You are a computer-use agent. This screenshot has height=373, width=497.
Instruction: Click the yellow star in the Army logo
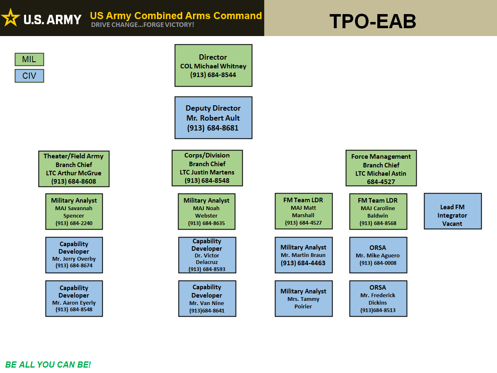(11, 18)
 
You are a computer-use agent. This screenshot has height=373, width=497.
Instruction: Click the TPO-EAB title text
(372, 21)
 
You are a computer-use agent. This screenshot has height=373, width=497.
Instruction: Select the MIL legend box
(29, 59)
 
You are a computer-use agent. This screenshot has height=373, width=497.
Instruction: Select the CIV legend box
(29, 76)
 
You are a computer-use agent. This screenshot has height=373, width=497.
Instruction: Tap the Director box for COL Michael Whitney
(213, 65)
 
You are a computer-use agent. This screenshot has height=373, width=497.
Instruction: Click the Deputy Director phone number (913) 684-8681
(213, 128)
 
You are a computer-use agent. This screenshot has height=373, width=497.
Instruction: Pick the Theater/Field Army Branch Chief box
(74, 169)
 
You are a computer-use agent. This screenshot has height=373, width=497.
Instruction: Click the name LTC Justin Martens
(207, 172)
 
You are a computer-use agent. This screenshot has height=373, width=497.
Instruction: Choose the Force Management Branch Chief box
(381, 168)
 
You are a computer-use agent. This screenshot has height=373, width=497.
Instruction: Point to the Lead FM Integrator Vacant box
(453, 211)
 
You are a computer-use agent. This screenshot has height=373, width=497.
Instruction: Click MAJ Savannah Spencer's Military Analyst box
(74, 211)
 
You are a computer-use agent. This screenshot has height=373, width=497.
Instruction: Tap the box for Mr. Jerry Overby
(74, 255)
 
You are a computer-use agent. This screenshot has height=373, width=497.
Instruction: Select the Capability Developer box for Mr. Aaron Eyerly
(74, 298)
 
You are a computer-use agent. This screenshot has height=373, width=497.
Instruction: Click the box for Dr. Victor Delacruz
(207, 255)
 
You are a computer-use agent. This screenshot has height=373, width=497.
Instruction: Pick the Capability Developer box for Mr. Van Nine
(207, 298)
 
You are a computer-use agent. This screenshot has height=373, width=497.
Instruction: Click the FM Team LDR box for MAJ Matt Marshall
(304, 211)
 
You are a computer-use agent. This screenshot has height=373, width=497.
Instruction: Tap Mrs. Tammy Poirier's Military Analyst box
(304, 298)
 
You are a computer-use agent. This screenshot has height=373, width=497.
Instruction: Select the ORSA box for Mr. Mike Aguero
(378, 255)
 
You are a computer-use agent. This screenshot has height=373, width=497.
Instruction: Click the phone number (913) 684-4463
(303, 263)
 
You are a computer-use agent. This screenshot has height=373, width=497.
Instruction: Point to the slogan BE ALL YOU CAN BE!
(48, 365)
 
